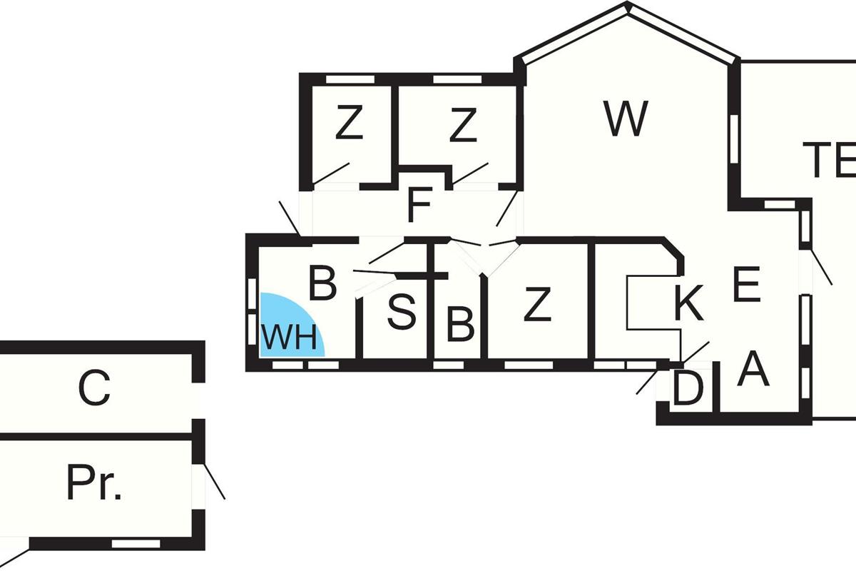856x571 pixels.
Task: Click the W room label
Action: (x=626, y=118)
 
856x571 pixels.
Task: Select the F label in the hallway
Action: (x=419, y=206)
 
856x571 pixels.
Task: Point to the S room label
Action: (x=401, y=312)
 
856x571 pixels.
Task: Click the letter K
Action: (x=688, y=305)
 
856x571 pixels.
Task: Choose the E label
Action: (x=746, y=285)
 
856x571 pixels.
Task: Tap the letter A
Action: (x=753, y=370)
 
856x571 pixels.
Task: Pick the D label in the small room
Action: (x=688, y=389)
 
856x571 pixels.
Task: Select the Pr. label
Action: (x=94, y=485)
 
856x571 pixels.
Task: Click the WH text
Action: (x=288, y=337)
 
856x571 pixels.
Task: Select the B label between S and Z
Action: (x=460, y=325)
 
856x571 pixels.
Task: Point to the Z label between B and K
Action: (x=537, y=305)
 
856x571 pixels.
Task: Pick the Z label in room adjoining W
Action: (x=463, y=126)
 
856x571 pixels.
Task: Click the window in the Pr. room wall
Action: (x=136, y=544)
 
